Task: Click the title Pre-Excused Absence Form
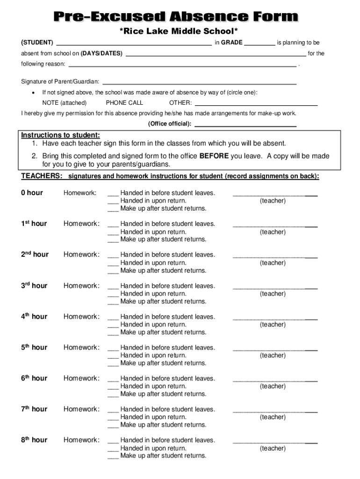click(175, 17)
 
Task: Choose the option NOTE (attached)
click(64, 103)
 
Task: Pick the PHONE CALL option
click(124, 103)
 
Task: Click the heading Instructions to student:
click(60, 135)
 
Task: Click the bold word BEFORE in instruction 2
click(214, 156)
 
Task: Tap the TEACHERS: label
click(42, 176)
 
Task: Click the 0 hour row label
click(32, 193)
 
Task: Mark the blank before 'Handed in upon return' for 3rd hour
click(113, 295)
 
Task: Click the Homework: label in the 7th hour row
click(81, 409)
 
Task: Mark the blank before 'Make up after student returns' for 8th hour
click(113, 457)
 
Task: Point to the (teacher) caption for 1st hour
click(273, 232)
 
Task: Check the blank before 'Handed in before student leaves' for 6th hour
click(113, 379)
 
